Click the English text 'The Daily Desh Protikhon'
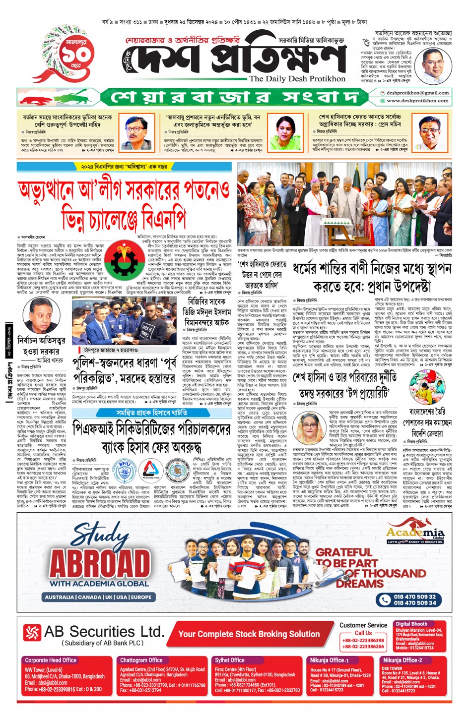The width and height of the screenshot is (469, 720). click(297, 79)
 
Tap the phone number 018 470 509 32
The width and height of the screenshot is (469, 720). click(414, 597)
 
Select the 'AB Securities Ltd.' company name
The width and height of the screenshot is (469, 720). click(104, 632)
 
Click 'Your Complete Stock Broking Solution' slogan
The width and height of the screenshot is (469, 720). click(249, 634)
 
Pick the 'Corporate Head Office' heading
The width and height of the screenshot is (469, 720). click(51, 660)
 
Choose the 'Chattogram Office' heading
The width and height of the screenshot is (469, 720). click(141, 660)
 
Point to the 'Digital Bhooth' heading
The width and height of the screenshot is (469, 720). click(411, 624)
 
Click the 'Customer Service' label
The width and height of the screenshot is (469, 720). click(363, 625)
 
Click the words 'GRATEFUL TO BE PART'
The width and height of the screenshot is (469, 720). click(346, 558)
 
